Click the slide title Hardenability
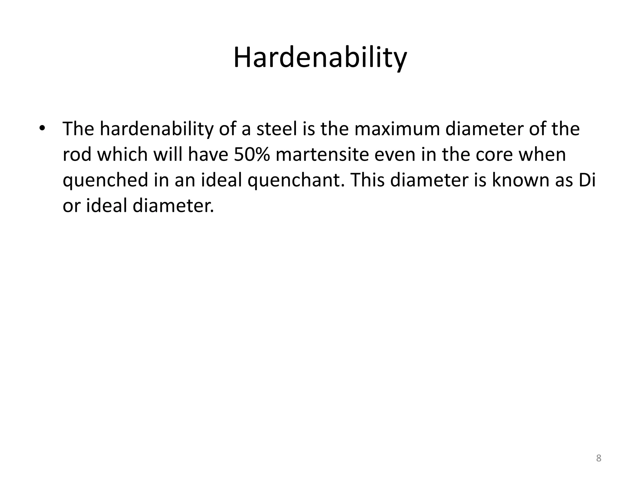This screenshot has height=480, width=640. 320,58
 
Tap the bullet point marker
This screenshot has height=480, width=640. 42,128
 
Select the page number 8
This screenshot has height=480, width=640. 598,458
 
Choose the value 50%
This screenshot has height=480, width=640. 252,155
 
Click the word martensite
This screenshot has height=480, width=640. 322,155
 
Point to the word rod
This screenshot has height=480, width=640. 77,155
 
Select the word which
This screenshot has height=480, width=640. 122,155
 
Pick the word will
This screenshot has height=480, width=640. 167,155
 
